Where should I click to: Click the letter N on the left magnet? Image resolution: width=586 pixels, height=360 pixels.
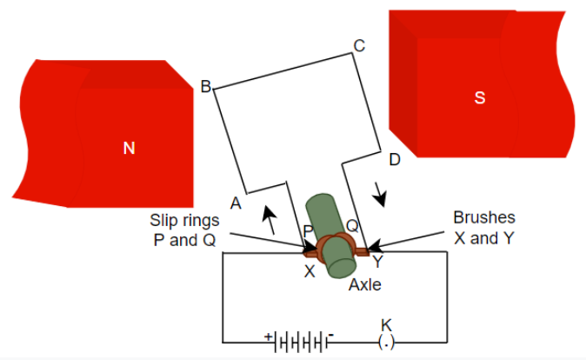129,149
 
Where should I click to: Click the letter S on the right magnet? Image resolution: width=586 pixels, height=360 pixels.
479,98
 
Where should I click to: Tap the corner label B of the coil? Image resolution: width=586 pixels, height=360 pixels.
206,87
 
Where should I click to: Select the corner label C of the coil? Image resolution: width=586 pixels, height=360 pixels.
358,45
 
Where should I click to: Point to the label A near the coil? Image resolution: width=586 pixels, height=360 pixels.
235,203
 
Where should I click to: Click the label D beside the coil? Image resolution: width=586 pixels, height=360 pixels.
394,159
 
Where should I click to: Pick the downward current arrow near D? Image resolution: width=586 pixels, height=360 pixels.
380,194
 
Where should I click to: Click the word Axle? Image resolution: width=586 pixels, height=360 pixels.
365,284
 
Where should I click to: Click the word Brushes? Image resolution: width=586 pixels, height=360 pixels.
484,217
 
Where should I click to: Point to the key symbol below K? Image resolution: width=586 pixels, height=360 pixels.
387,343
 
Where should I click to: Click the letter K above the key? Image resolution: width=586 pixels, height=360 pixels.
386,325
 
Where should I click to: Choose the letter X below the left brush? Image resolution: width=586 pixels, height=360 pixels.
310,271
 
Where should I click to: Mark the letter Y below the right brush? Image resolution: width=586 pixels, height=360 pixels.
377,259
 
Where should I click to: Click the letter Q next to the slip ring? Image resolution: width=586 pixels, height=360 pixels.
352,225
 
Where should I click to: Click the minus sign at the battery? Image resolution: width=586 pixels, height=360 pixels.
331,334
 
